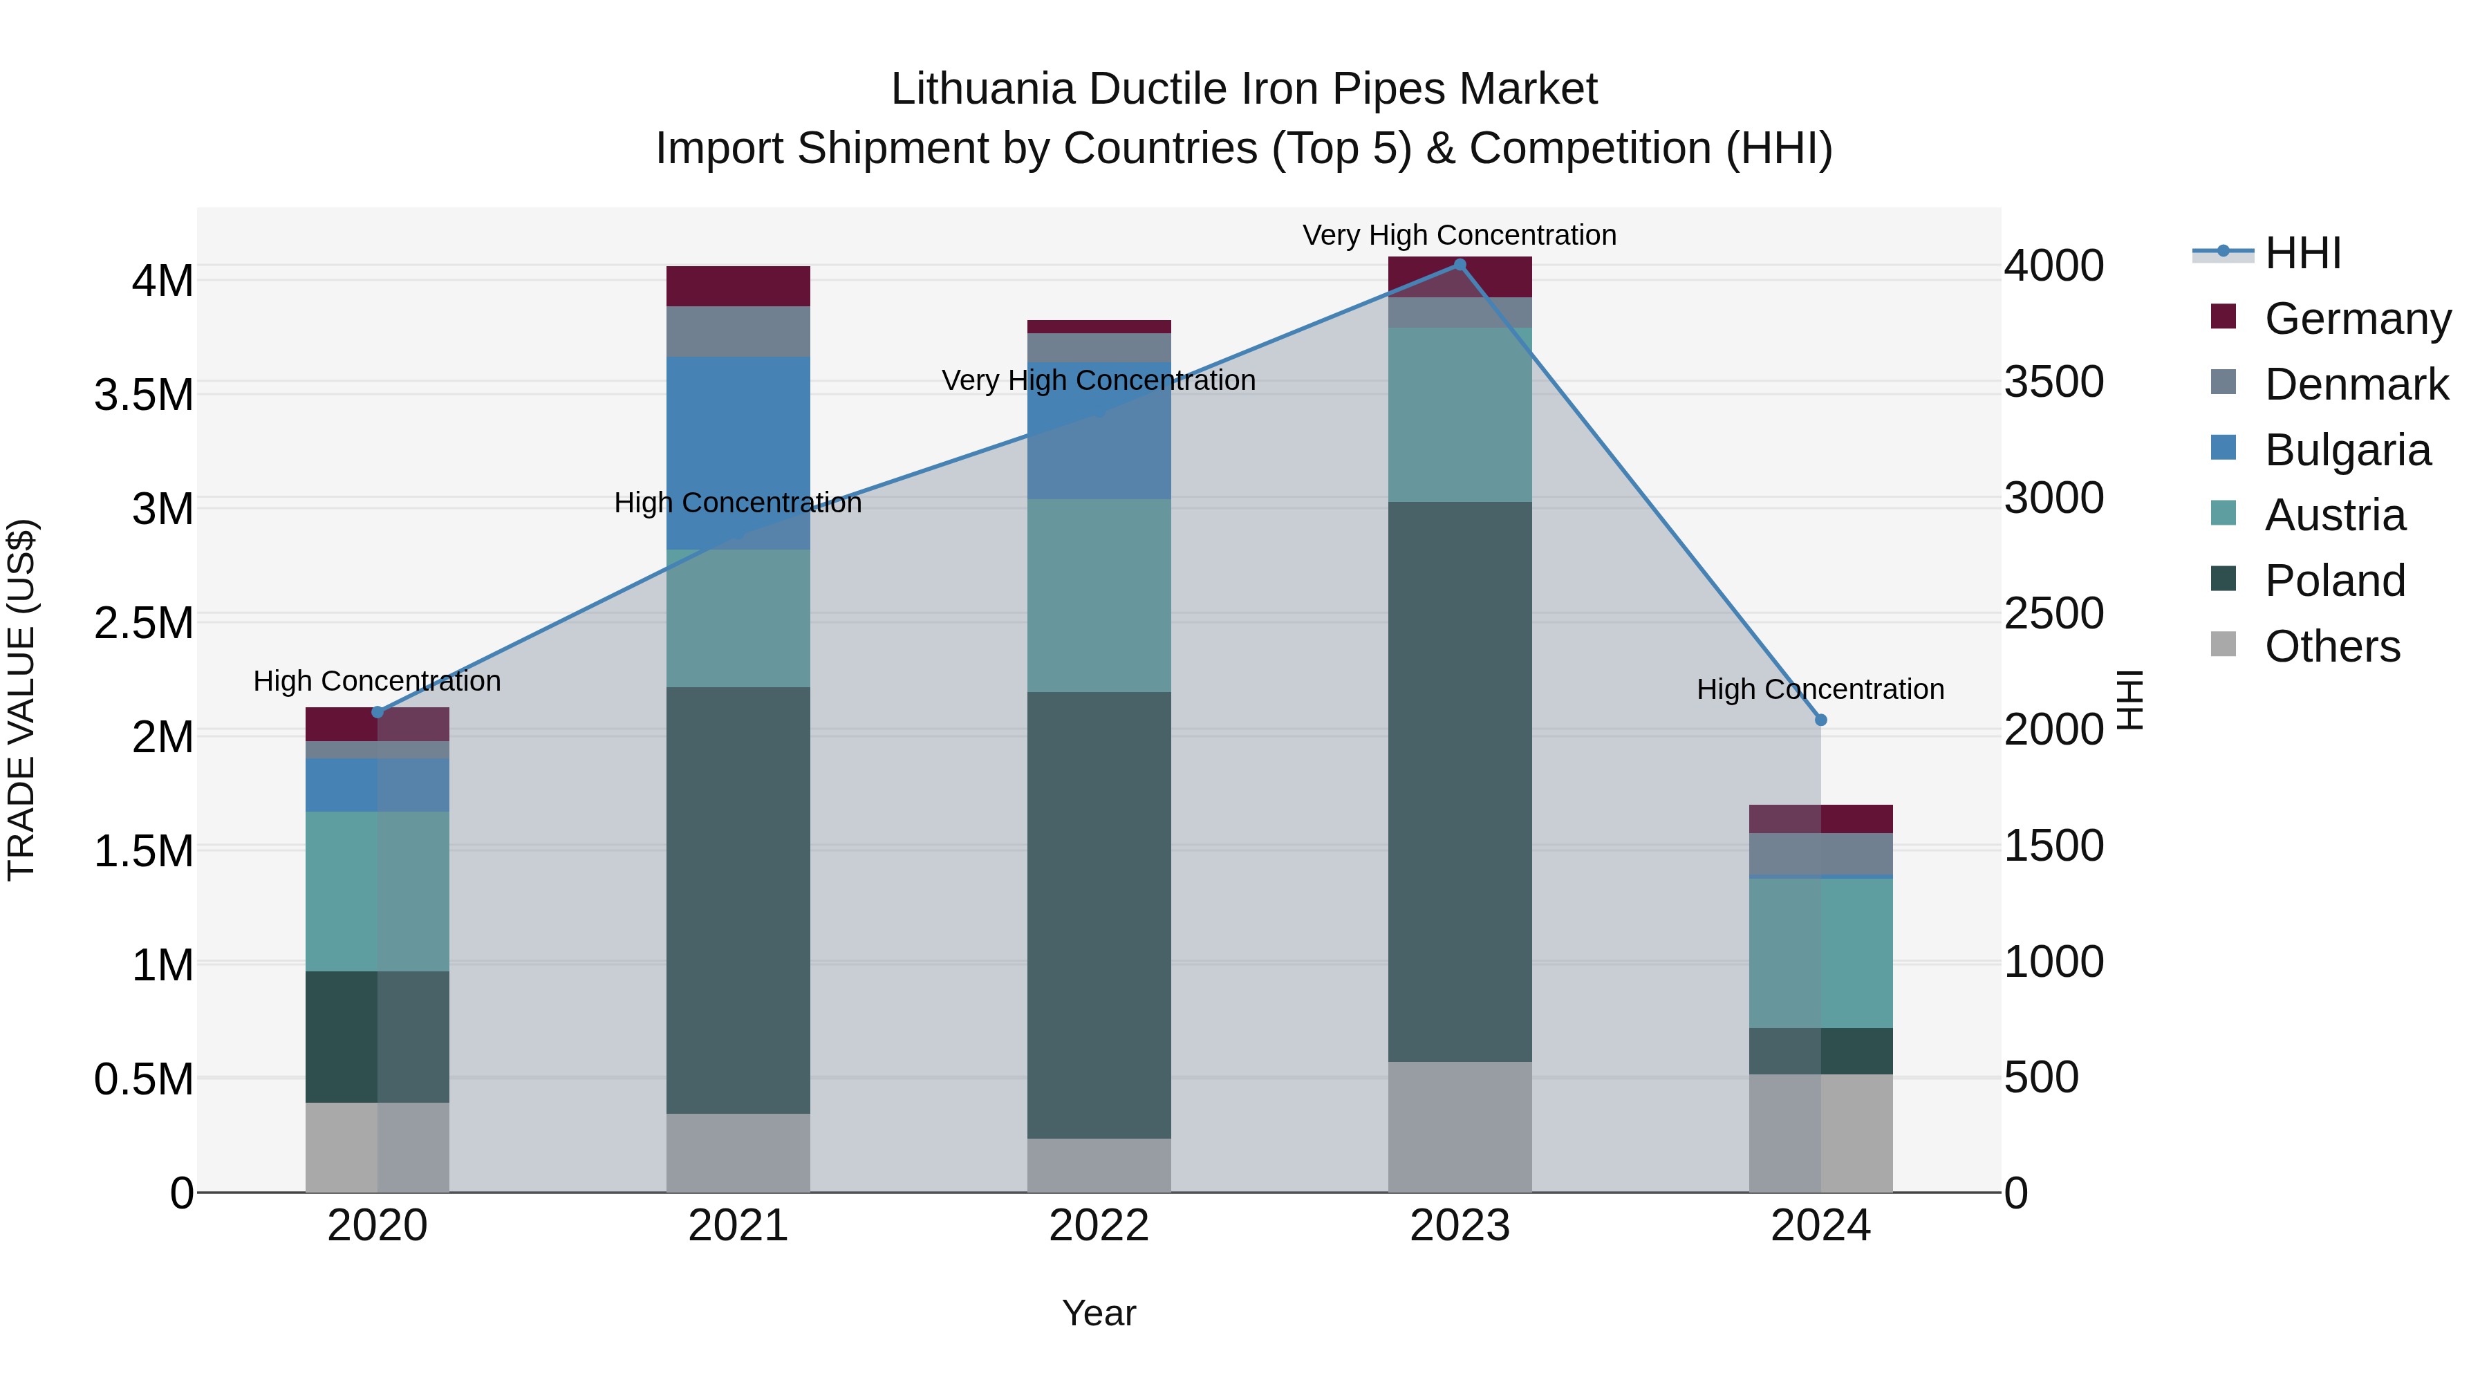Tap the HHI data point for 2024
click(1820, 720)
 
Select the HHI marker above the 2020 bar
click(377, 712)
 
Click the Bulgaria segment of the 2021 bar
click(738, 452)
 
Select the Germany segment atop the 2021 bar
click(738, 286)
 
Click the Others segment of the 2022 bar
click(1099, 1164)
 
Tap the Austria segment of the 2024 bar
click(1820, 952)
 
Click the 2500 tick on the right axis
click(2053, 613)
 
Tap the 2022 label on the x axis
click(1099, 1225)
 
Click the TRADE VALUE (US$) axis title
click(21, 700)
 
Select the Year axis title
click(1099, 1313)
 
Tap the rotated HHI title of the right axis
click(2129, 700)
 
